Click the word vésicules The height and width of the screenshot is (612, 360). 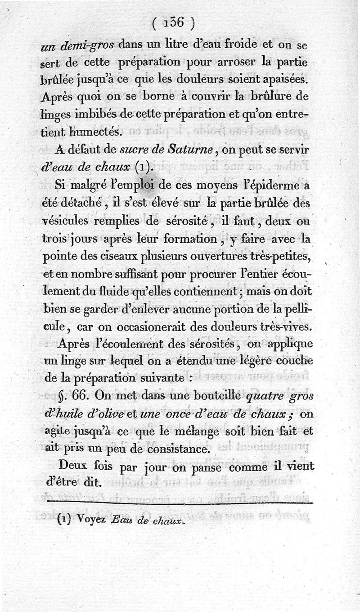point(76,222)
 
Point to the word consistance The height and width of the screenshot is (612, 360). point(180,449)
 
